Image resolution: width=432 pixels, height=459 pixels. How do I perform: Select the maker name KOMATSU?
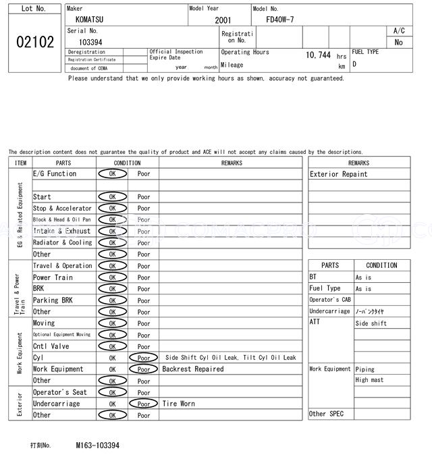pyautogui.click(x=89, y=20)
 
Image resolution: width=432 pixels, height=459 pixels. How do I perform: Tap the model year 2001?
pyautogui.click(x=223, y=20)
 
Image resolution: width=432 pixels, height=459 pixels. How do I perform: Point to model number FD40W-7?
pyautogui.click(x=280, y=20)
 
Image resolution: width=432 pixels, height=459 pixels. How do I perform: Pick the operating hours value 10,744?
pyautogui.click(x=318, y=55)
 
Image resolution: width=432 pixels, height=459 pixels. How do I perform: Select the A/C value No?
pyautogui.click(x=398, y=42)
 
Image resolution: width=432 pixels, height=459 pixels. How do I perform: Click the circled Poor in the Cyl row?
pyautogui.click(x=144, y=358)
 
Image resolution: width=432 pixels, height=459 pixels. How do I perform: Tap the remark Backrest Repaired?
pyautogui.click(x=193, y=369)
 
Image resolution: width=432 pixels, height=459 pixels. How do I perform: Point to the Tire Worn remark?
pyautogui.click(x=179, y=404)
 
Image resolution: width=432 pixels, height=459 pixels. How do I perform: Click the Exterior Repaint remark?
pyautogui.click(x=339, y=174)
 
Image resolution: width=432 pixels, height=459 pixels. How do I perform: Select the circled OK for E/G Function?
pyautogui.click(x=112, y=173)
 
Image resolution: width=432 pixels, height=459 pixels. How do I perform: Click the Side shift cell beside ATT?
pyautogui.click(x=371, y=323)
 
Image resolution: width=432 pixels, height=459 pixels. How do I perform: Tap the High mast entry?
pyautogui.click(x=369, y=380)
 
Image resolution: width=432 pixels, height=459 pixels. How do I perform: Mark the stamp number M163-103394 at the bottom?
pyautogui.click(x=98, y=446)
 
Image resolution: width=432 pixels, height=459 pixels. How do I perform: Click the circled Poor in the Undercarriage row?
pyautogui.click(x=144, y=404)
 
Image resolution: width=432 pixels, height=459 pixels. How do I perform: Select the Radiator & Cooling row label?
pyautogui.click(x=63, y=242)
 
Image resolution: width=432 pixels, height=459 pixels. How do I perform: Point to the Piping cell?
pyautogui.click(x=365, y=369)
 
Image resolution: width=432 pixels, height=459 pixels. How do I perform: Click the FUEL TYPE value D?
pyautogui.click(x=354, y=64)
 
